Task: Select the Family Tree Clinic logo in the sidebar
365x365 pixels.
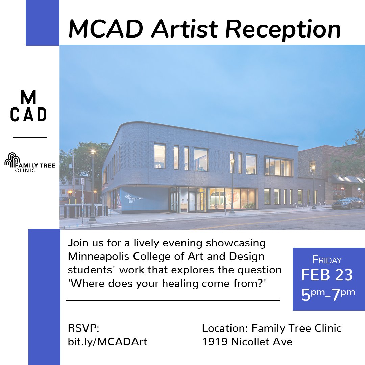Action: click(29, 163)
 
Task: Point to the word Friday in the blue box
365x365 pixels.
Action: click(327, 260)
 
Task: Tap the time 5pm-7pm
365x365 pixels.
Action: click(328, 294)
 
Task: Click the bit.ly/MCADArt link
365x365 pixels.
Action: click(108, 342)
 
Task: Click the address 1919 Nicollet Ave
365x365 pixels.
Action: click(247, 342)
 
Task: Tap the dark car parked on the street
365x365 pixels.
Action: click(347, 203)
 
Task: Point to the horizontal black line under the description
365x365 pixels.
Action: click(173, 300)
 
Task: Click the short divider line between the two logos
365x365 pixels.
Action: click(30, 137)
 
